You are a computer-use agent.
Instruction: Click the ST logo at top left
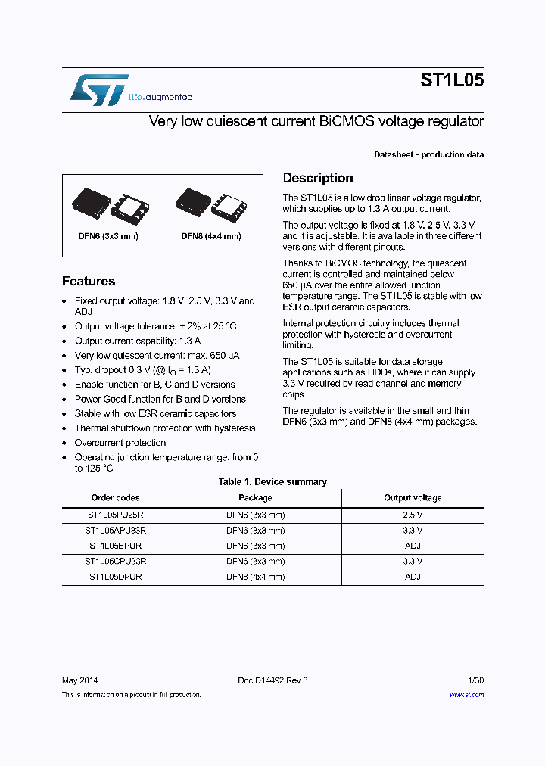pyautogui.click(x=99, y=89)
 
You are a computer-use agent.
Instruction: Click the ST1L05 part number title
pyautogui.click(x=452, y=81)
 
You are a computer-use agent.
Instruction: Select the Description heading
pyautogui.click(x=318, y=179)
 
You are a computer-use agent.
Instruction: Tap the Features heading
pyautogui.click(x=89, y=282)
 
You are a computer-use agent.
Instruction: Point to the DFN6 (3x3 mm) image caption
pyautogui.click(x=108, y=236)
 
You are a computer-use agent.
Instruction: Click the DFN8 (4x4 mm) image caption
pyautogui.click(x=211, y=236)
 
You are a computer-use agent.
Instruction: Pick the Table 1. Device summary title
pyautogui.click(x=272, y=482)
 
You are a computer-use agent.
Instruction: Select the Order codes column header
pyautogui.click(x=115, y=498)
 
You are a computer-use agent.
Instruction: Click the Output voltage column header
pyautogui.click(x=413, y=498)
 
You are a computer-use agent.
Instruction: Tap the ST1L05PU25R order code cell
pyautogui.click(x=115, y=515)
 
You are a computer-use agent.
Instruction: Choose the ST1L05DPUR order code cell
pyautogui.click(x=115, y=577)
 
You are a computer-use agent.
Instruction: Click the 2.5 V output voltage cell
pyautogui.click(x=413, y=515)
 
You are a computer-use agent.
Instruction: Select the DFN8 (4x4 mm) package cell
pyautogui.click(x=255, y=577)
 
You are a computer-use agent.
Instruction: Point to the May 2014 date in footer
pyautogui.click(x=79, y=680)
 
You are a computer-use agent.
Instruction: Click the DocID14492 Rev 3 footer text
pyautogui.click(x=267, y=680)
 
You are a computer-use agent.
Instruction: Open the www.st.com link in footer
pyautogui.click(x=466, y=695)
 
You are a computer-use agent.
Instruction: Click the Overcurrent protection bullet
pyautogui.click(x=120, y=443)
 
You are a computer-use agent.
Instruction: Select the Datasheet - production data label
pyautogui.click(x=428, y=155)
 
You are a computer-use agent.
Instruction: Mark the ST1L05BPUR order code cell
pyautogui.click(x=115, y=546)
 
